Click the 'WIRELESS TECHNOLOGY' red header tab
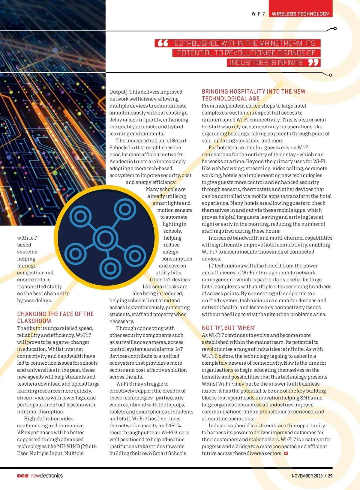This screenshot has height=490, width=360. [x=300, y=13]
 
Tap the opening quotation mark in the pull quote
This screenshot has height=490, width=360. [x=163, y=43]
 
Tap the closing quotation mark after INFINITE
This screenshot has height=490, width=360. [x=313, y=62]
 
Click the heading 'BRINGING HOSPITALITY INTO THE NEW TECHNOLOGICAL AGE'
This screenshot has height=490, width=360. [x=253, y=95]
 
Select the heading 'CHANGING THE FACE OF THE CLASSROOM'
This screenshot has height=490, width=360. [x=55, y=317]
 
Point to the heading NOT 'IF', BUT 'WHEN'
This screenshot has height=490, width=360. [x=229, y=328]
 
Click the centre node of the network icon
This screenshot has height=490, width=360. [x=105, y=239]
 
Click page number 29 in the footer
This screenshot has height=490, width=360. [x=330, y=476]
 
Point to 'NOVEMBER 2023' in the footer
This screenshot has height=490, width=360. [x=307, y=476]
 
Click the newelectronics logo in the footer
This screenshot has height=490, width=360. [x=46, y=476]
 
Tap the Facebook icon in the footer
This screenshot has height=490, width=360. [x=19, y=476]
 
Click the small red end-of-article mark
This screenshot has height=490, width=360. [x=286, y=453]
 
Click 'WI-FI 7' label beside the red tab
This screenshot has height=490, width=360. [x=258, y=14]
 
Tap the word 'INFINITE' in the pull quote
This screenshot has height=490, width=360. [x=266, y=62]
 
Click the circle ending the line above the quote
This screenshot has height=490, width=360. [x=335, y=28]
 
